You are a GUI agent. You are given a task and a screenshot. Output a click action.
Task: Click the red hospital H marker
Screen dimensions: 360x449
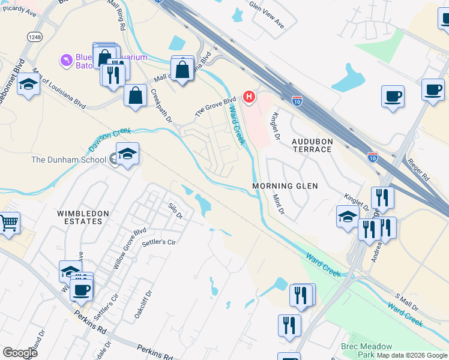[x=249, y=97]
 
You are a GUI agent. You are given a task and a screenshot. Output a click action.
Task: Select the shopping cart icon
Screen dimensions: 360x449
[x=9, y=223]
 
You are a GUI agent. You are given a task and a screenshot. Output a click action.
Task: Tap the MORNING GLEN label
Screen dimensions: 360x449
[x=285, y=186]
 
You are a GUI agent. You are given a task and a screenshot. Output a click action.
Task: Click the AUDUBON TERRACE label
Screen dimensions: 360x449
[x=312, y=145]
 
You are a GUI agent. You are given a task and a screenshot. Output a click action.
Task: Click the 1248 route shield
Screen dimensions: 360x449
[x=34, y=37]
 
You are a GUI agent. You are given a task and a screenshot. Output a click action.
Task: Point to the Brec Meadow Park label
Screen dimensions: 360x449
[x=366, y=350]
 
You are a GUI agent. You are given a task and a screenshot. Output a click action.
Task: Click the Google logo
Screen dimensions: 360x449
[x=20, y=353]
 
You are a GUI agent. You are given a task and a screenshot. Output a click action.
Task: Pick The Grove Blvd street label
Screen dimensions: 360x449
[x=215, y=107]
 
